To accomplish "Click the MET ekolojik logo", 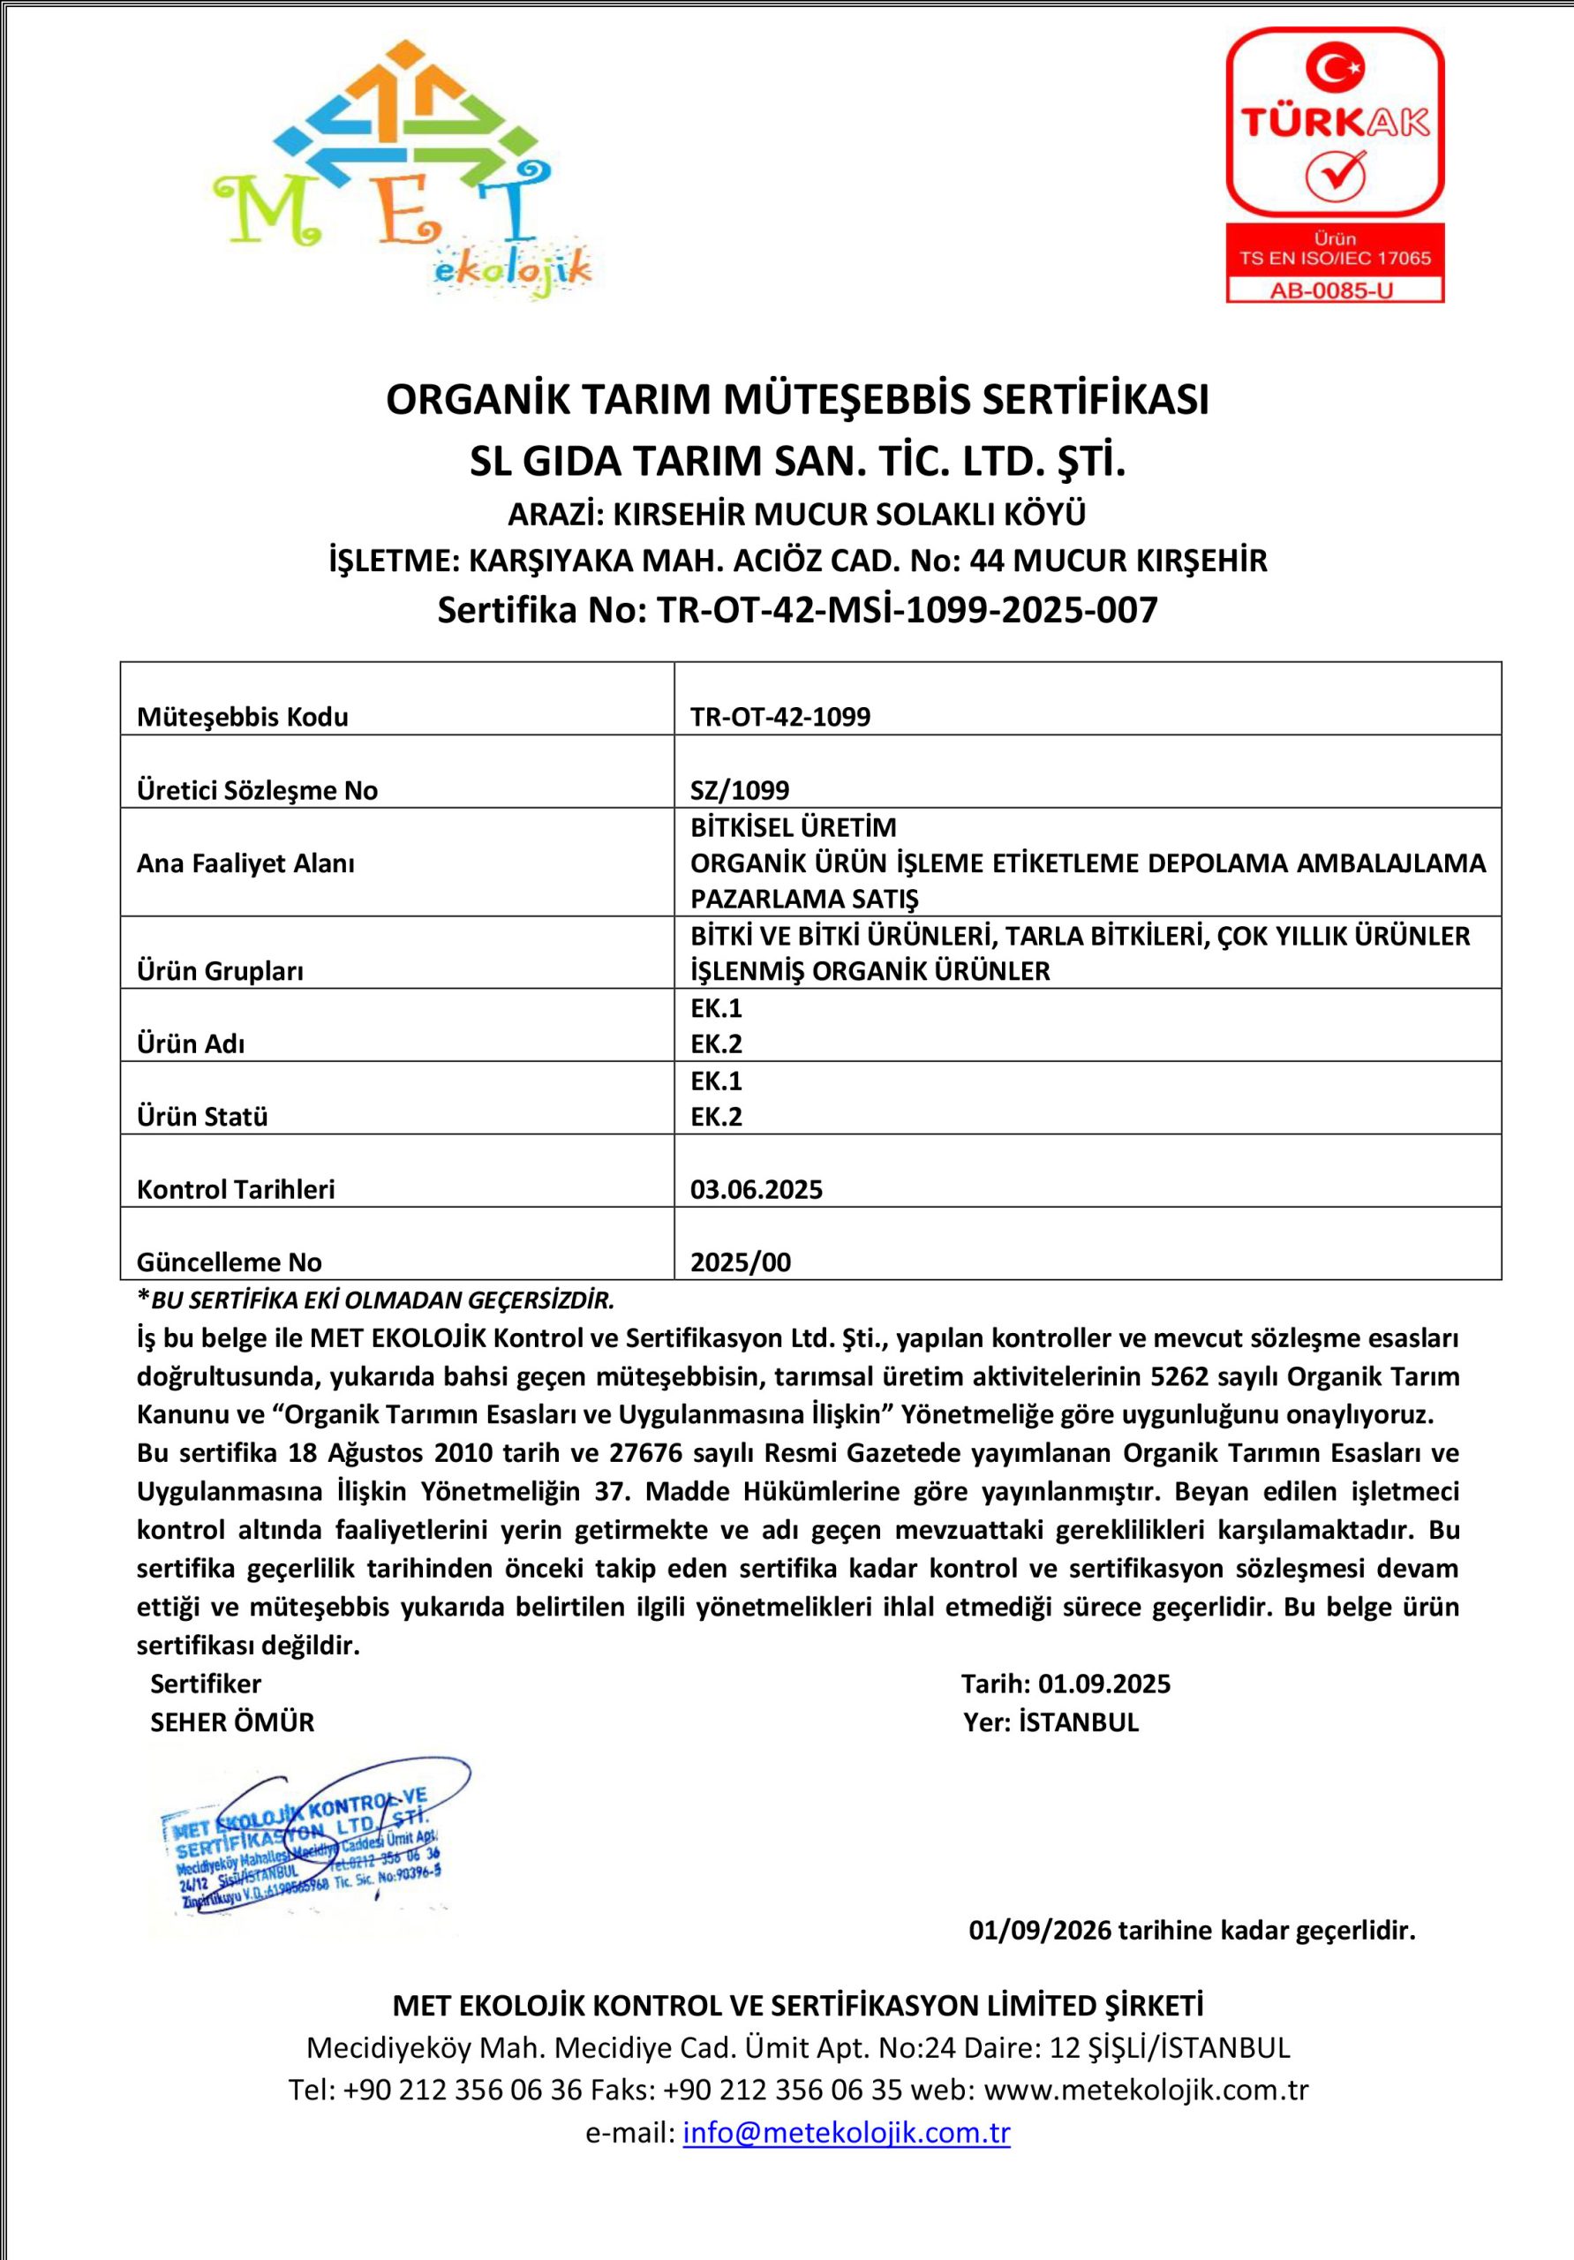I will (402, 169).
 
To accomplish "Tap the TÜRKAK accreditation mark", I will (1334, 123).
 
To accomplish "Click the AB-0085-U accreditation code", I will (1334, 290).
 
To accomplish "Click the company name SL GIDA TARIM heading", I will (797, 462).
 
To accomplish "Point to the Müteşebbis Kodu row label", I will (242, 717).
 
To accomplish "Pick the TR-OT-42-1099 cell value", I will (779, 717).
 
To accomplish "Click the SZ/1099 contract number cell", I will (739, 789).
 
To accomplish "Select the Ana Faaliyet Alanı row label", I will (245, 863).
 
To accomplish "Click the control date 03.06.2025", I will (756, 1189).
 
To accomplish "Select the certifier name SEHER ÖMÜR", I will (232, 1722).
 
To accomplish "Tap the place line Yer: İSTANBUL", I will (1051, 1722).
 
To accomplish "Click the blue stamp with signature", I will (307, 1848).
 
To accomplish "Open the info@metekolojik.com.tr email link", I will (847, 2133).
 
